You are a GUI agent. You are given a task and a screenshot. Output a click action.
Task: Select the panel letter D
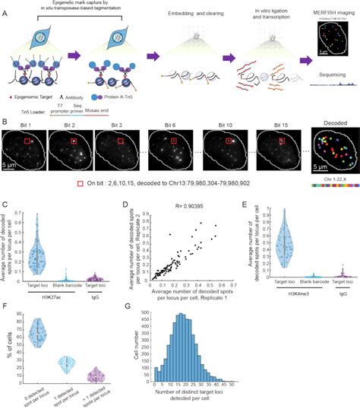pyautogui.click(x=138, y=203)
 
